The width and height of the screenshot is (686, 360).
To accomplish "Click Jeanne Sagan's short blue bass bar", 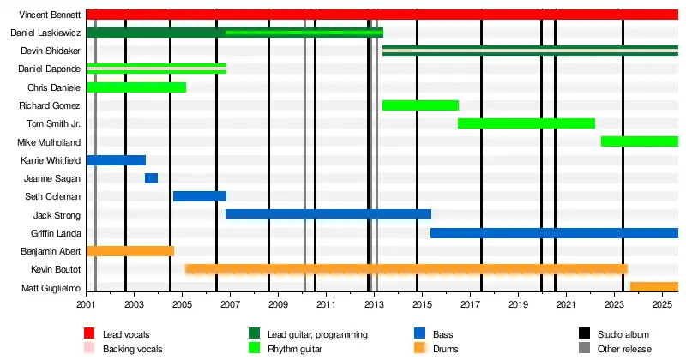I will tap(151, 178).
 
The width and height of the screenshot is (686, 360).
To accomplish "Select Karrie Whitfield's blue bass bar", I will tap(116, 160).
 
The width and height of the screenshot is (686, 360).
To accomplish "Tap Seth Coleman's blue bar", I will tap(200, 196).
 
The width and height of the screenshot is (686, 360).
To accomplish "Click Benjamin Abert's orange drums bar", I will tap(130, 251).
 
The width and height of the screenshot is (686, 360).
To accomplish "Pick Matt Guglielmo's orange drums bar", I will tap(654, 287).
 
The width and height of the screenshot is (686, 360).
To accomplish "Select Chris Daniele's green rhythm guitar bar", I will tap(136, 87).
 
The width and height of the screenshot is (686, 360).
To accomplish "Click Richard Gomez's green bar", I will tap(420, 105).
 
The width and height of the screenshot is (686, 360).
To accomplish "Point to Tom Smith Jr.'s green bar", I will tap(527, 123).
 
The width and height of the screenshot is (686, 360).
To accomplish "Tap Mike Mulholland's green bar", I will tap(640, 141).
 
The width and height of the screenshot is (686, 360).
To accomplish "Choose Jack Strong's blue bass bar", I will tap(328, 214).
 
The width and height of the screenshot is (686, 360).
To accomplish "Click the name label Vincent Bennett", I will tap(51, 15).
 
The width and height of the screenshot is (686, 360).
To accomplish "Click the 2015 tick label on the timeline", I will tap(421, 304).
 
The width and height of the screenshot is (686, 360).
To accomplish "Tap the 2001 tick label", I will tap(87, 304).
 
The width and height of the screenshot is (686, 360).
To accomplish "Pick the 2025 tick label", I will tap(662, 304).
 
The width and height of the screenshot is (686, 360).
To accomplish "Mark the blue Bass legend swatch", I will tap(420, 333).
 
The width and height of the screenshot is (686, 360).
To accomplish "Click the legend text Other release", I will tap(625, 349).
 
